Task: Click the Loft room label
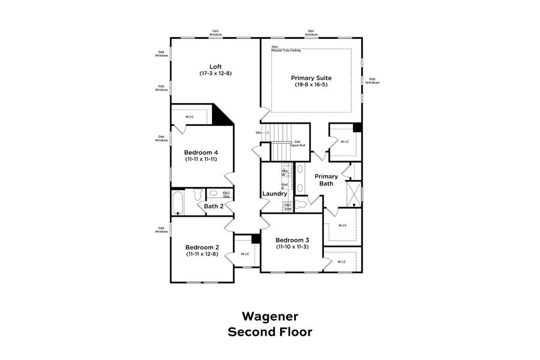coord(215,67)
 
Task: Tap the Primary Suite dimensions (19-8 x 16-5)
coord(311,85)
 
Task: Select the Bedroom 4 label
coord(200,153)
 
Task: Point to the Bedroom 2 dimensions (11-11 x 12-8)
coord(202,254)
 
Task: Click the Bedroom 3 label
coord(292,240)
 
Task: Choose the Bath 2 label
coord(214,206)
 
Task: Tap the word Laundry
coord(274,194)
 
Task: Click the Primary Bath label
coord(326,180)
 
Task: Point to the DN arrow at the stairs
coord(262,133)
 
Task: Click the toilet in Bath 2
coord(196,196)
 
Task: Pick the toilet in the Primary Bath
coord(301,205)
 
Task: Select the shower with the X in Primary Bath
coord(354,193)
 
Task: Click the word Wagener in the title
coord(269,316)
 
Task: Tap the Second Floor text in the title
coord(269,332)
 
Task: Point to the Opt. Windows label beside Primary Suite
coord(373,80)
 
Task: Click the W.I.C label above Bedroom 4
coord(190,116)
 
